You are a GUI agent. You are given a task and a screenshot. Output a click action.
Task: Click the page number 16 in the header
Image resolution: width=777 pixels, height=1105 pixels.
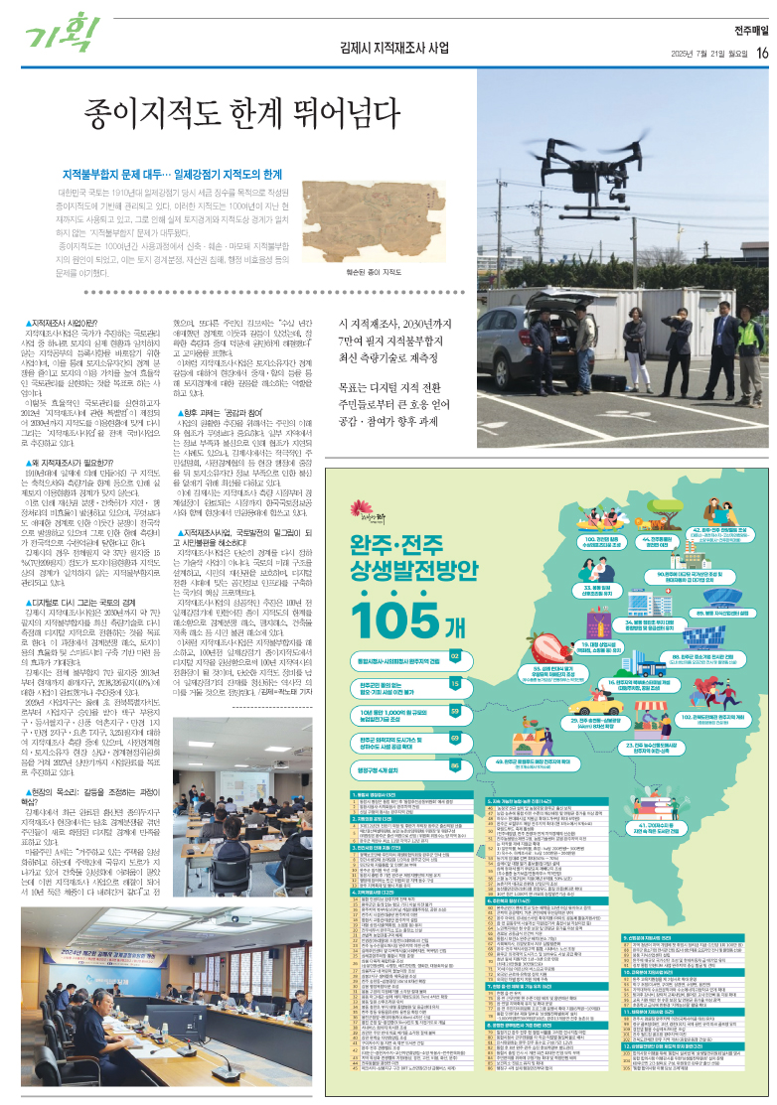click(x=761, y=53)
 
